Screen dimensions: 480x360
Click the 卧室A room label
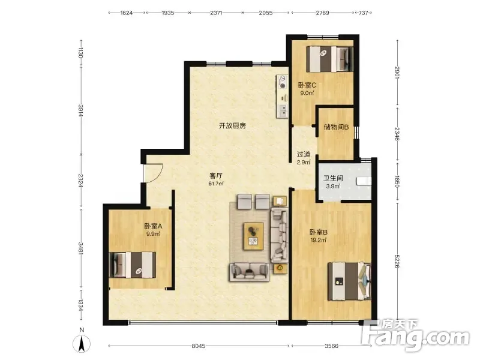(x=153, y=227)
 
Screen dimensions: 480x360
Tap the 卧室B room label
(x=319, y=232)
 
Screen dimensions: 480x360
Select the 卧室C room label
(x=307, y=85)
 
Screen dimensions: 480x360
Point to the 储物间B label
(x=336, y=127)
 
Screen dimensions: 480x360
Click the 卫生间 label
(x=333, y=178)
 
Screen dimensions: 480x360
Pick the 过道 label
(x=304, y=154)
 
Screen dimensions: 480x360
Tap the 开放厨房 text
(x=232, y=125)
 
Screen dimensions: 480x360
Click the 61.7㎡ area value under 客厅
(x=216, y=184)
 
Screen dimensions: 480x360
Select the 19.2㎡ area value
(x=319, y=241)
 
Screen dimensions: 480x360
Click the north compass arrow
(x=82, y=344)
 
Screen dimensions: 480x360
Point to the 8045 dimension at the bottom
(x=199, y=346)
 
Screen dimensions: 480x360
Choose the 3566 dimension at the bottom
(x=331, y=346)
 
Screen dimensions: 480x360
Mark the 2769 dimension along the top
(x=322, y=13)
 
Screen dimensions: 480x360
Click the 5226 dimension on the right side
(x=397, y=261)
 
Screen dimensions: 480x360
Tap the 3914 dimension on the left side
(x=80, y=110)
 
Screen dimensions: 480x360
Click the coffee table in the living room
(x=254, y=236)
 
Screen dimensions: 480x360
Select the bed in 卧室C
(x=329, y=59)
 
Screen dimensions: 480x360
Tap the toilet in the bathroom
(x=364, y=181)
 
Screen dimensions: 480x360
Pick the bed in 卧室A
(x=133, y=265)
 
